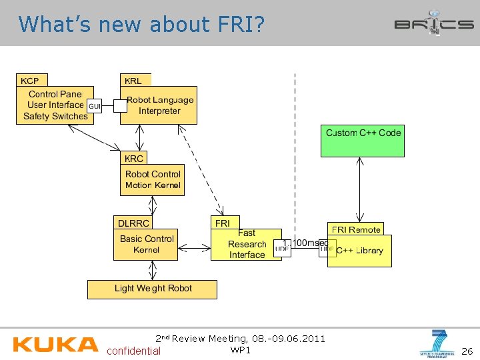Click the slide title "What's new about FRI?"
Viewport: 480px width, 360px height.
pyautogui.click(x=141, y=24)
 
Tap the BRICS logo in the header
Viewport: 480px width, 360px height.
pyautogui.click(x=433, y=24)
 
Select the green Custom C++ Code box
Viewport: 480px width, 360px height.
pyautogui.click(x=363, y=141)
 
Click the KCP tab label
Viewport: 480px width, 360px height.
pyautogui.click(x=30, y=81)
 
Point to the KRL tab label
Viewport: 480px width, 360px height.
pyautogui.click(x=133, y=81)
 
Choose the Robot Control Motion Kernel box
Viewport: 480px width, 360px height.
pyautogui.click(x=153, y=180)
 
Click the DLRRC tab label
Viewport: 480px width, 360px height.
pyautogui.click(x=133, y=223)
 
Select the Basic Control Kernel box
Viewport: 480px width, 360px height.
pyautogui.click(x=146, y=245)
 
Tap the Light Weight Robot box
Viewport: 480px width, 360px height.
pyautogui.click(x=153, y=289)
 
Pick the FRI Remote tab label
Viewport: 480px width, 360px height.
pyautogui.click(x=356, y=229)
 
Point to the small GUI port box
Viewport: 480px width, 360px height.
pyautogui.click(x=95, y=106)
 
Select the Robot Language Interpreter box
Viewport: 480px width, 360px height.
pyautogui.click(x=159, y=105)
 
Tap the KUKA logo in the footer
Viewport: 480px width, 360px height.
pyautogui.click(x=55, y=344)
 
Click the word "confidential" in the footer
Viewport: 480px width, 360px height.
pyautogui.click(x=133, y=351)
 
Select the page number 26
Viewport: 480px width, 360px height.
pyautogui.click(x=467, y=351)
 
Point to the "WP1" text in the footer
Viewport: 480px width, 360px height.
pyautogui.click(x=240, y=350)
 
